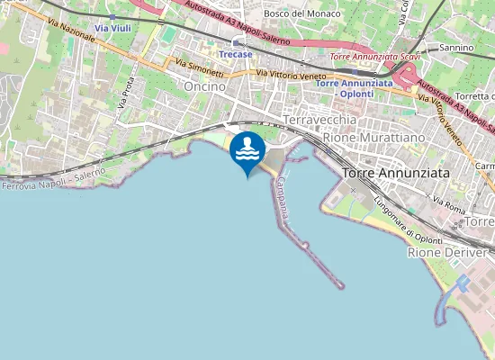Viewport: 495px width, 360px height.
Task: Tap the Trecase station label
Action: [237, 53]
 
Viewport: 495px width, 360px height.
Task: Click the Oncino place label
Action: [204, 85]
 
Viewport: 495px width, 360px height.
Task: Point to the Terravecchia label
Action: [321, 120]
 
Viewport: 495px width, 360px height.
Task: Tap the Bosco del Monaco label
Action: [302, 14]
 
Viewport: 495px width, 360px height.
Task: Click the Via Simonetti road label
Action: [199, 65]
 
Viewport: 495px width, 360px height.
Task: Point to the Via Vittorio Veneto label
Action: [292, 76]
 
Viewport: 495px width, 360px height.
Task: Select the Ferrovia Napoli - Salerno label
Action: [53, 178]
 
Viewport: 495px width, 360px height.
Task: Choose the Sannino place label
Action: [456, 48]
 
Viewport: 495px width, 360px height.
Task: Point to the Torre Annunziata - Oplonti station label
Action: [355, 87]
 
